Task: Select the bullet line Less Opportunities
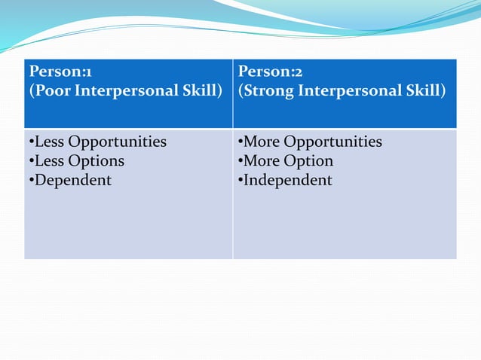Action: tap(97, 142)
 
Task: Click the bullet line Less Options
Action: tap(75, 161)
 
